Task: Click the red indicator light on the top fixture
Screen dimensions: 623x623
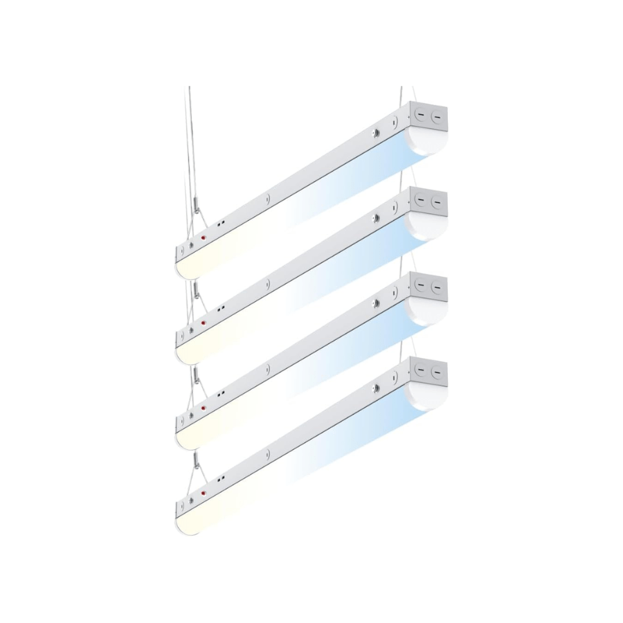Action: click(204, 237)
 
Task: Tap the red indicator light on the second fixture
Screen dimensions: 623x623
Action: click(203, 323)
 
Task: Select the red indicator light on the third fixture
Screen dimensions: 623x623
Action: click(203, 409)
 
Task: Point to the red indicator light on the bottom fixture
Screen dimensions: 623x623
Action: click(204, 493)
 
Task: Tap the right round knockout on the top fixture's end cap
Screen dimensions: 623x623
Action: click(436, 117)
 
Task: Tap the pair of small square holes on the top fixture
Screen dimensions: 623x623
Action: click(222, 224)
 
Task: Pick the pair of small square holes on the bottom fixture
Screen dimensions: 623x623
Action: click(222, 480)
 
